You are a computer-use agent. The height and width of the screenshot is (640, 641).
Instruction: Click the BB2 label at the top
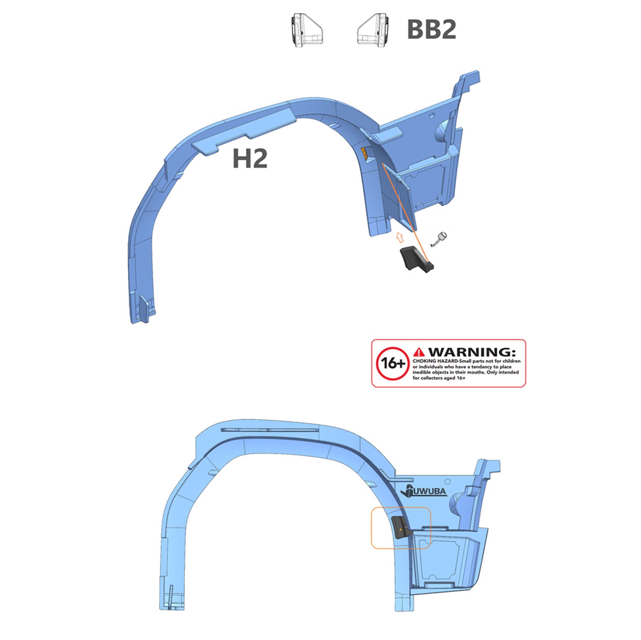coord(432,29)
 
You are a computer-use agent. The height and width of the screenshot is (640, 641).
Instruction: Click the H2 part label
coord(250,158)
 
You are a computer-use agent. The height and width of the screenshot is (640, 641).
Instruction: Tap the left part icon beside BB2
coord(306,29)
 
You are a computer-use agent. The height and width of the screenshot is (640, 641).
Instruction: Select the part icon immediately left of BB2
coord(373,29)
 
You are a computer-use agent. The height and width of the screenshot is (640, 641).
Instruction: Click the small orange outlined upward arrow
coord(399,237)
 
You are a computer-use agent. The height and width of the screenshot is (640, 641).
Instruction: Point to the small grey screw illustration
coord(439,240)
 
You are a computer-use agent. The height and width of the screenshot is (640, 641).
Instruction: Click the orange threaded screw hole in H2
coord(364,153)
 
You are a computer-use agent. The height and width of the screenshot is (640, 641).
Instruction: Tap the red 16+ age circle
coord(392,363)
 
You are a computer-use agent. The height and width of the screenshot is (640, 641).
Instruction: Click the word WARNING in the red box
coord(472,352)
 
